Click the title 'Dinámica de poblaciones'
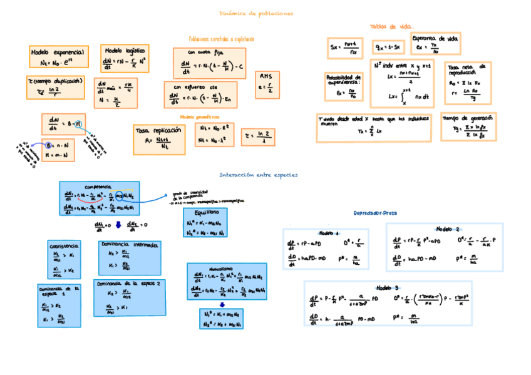click(x=257, y=13)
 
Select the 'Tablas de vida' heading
click(x=392, y=27)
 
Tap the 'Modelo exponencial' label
click(x=60, y=53)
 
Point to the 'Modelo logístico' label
click(x=125, y=50)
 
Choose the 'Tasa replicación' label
click(x=158, y=130)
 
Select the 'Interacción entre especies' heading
click(x=259, y=175)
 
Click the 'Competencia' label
click(x=98, y=186)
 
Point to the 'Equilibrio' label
click(x=206, y=212)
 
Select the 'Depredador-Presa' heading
click(x=375, y=213)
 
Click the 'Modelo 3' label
click(x=388, y=287)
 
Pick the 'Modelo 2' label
click(x=448, y=229)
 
